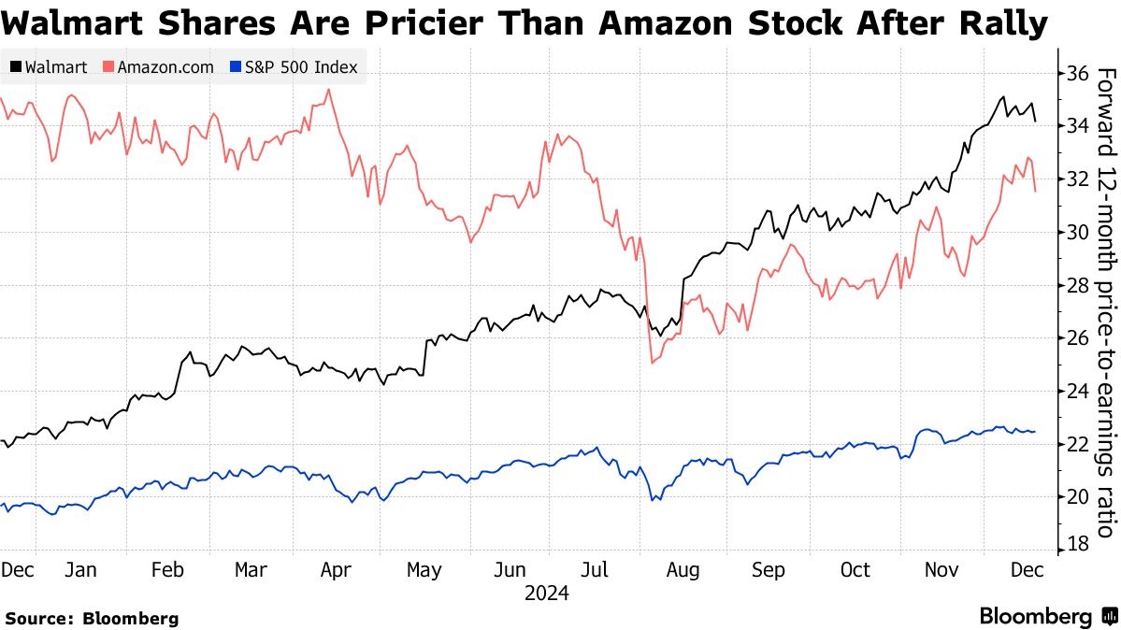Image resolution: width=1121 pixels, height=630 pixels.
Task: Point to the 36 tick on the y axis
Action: (1075, 73)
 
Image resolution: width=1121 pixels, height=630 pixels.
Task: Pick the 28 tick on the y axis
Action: (1075, 285)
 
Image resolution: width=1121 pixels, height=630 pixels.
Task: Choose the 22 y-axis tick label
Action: (1075, 444)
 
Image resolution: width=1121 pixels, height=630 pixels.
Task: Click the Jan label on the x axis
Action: (81, 570)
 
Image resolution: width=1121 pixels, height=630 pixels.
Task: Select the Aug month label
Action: (683, 570)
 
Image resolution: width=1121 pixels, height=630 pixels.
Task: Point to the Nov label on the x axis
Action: (941, 570)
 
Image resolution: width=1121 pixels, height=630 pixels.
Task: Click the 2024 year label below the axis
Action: (547, 594)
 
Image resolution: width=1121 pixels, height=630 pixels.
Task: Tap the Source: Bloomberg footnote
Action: (92, 618)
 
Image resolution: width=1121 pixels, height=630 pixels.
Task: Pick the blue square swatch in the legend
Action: (237, 67)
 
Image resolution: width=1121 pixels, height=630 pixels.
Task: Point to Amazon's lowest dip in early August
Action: (652, 362)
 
